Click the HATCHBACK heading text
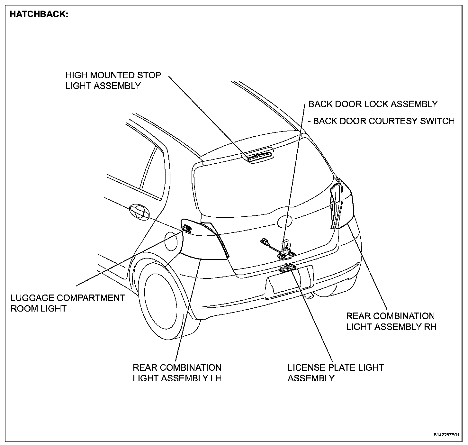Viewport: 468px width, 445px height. point(39,14)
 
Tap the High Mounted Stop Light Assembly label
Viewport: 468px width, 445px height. point(113,80)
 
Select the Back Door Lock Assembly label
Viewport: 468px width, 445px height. point(373,104)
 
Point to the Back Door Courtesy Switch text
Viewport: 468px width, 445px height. point(381,121)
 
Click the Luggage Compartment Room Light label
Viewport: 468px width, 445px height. point(67,303)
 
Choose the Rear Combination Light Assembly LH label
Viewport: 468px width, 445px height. point(177,373)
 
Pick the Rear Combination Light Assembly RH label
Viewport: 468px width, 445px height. point(391,321)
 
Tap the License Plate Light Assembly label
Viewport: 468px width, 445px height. point(336,373)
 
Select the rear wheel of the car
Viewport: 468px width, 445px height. point(161,299)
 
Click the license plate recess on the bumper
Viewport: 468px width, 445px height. point(289,280)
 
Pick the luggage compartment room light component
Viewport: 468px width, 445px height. point(186,229)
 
